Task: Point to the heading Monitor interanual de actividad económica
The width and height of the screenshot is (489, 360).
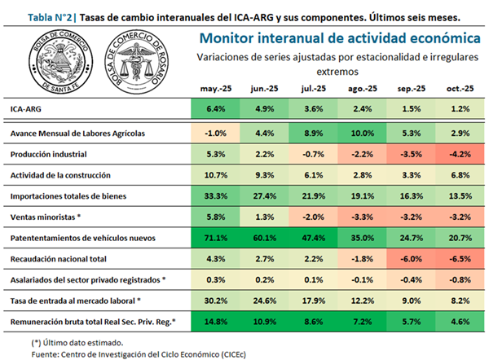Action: pos(337,37)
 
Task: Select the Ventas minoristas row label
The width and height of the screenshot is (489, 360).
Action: pos(46,217)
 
